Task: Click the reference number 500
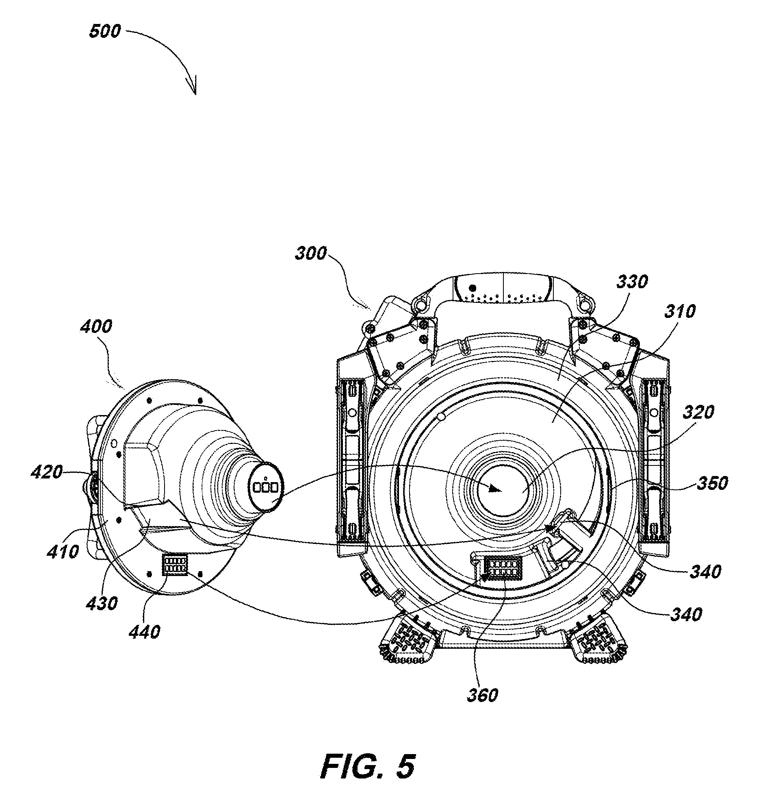point(105,31)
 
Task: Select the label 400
point(96,326)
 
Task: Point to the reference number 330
point(632,281)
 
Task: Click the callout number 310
point(680,312)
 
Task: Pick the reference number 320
point(698,413)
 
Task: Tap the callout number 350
point(712,483)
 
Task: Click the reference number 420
point(47,472)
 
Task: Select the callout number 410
point(63,552)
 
